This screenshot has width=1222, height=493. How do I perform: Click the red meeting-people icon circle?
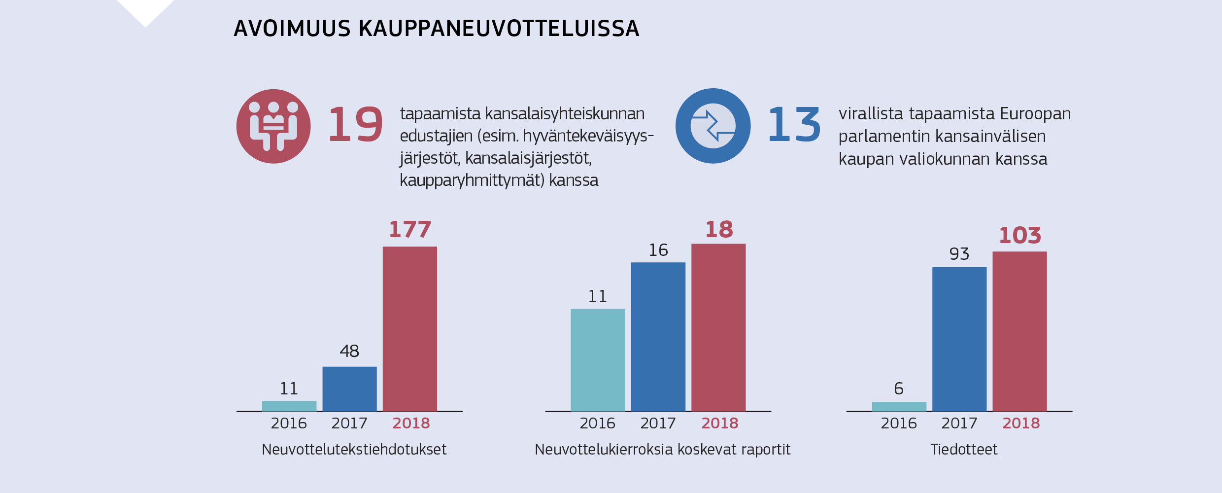[273, 126]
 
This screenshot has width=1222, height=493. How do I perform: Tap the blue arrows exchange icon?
[713, 126]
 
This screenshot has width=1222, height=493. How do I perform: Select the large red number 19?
[355, 125]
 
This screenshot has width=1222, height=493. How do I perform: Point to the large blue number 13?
[794, 125]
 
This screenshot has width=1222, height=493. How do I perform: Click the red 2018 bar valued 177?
[409, 329]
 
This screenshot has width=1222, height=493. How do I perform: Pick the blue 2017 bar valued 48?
[349, 388]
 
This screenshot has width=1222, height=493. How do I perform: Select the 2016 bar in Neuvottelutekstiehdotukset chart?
[289, 406]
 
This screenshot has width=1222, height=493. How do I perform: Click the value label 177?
[409, 230]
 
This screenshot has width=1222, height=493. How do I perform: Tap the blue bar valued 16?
[658, 337]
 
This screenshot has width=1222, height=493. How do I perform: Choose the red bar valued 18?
[718, 327]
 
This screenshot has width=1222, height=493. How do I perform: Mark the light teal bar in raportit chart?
[598, 360]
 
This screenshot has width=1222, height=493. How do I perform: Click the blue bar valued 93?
[959, 339]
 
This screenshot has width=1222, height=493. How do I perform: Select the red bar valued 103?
[1019, 331]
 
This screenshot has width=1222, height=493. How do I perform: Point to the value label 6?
[899, 388]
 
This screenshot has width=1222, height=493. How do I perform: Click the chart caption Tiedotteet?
[963, 449]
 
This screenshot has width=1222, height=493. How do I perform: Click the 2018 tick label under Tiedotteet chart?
[1020, 423]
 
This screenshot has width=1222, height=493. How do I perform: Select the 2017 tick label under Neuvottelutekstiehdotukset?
[349, 423]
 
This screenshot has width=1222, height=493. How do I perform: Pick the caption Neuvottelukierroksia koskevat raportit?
[662, 449]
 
